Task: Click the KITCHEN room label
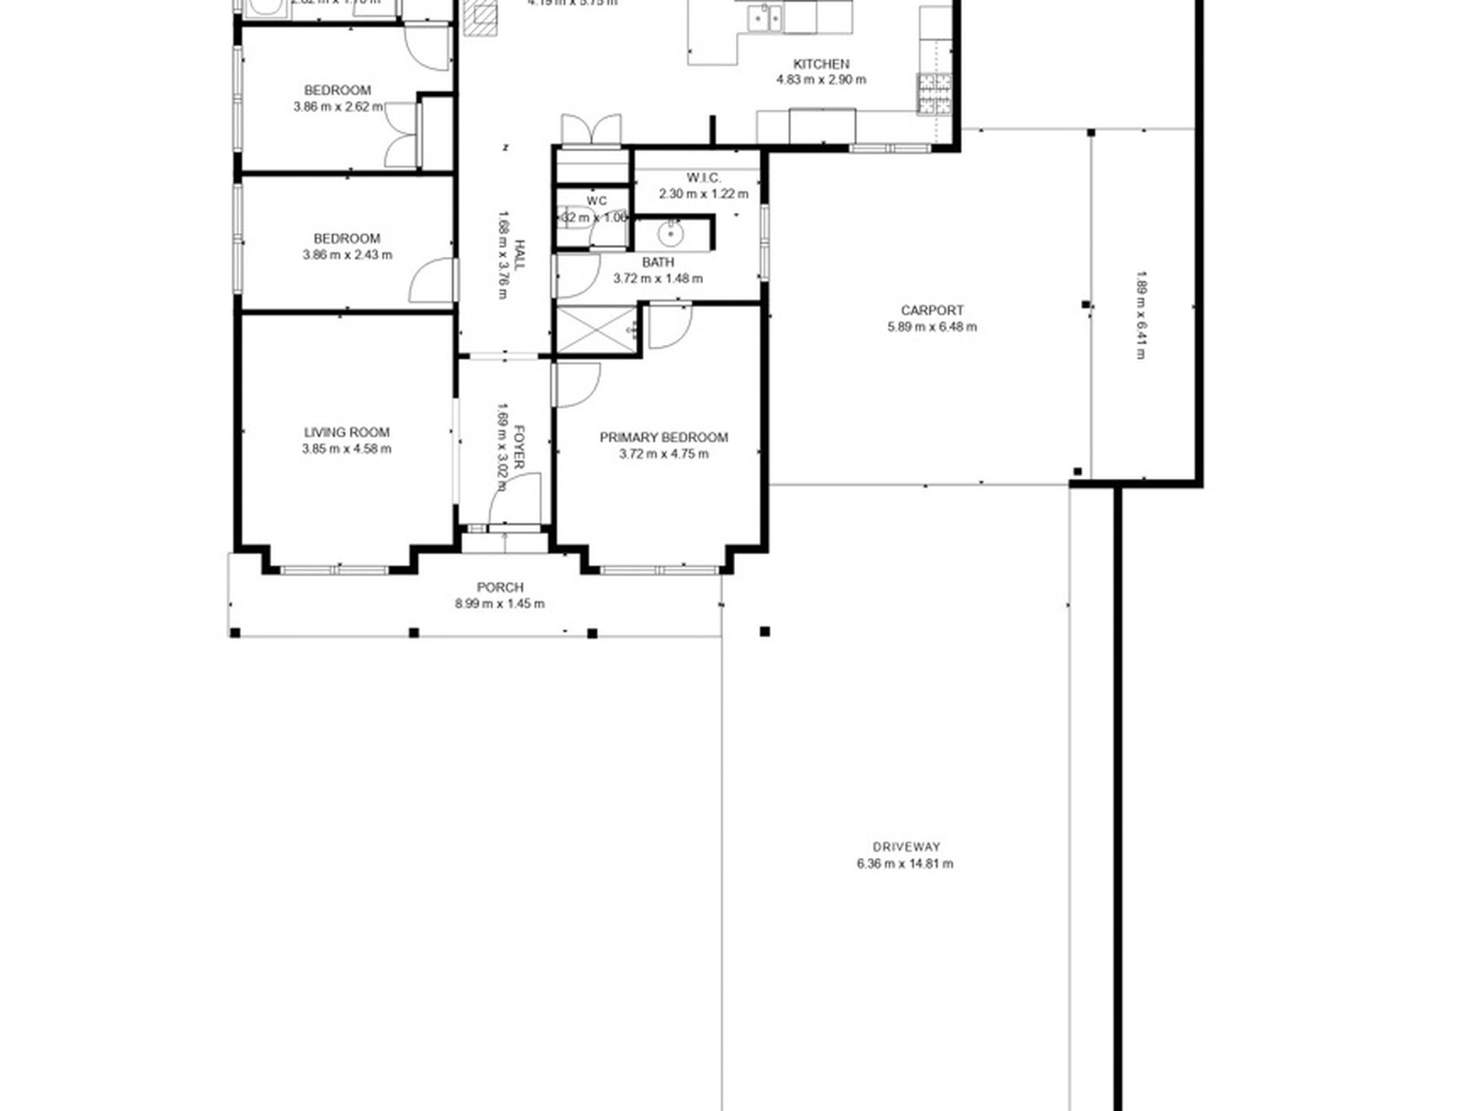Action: point(821,64)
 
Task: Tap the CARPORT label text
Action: point(931,310)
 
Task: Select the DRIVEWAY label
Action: point(906,847)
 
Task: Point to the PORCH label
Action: point(500,587)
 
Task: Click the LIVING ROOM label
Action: point(346,432)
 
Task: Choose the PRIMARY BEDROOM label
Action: point(663,437)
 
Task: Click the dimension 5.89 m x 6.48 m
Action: point(931,327)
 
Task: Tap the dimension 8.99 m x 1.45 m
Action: point(500,603)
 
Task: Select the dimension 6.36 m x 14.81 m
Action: point(905,863)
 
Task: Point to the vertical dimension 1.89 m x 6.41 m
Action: point(1140,315)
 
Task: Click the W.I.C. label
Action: point(703,178)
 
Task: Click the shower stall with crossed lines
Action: point(596,330)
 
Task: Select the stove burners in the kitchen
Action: point(935,94)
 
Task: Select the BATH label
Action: point(658,263)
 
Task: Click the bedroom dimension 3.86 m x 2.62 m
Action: point(338,107)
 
